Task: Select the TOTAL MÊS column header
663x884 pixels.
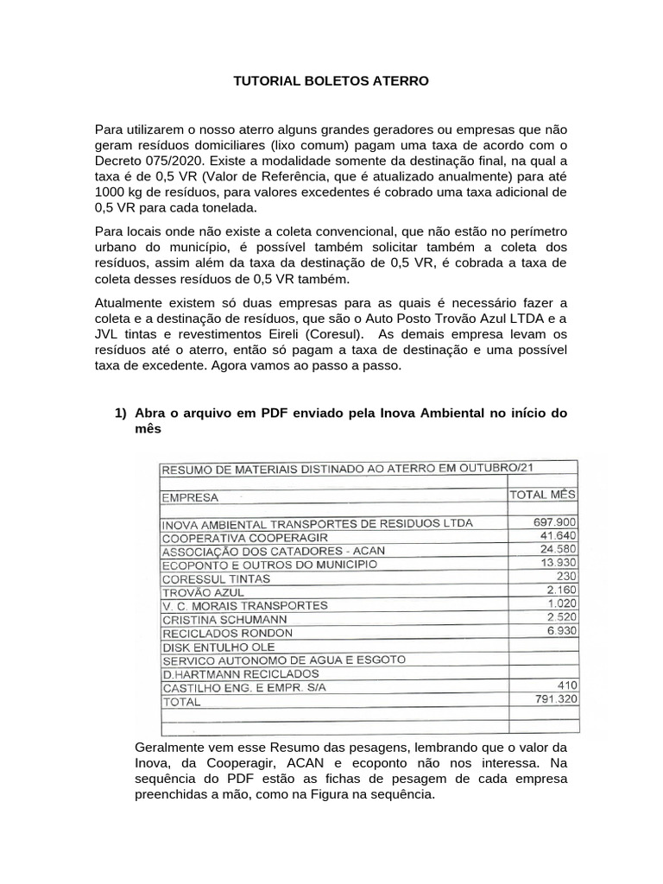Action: pyautogui.click(x=543, y=495)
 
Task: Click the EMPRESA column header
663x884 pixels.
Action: pyautogui.click(x=190, y=497)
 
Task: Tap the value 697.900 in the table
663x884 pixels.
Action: pyautogui.click(x=555, y=522)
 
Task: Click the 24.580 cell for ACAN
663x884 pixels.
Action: pyautogui.click(x=559, y=549)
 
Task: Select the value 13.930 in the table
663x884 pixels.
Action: pyautogui.click(x=559, y=563)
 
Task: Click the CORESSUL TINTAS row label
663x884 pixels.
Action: pyautogui.click(x=216, y=578)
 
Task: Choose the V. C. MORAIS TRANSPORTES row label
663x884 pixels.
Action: pyautogui.click(x=244, y=606)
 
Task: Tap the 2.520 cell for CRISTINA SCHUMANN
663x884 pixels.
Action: pyautogui.click(x=560, y=617)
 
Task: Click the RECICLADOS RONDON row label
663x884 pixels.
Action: pyautogui.click(x=227, y=633)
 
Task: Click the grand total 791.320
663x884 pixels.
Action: pyautogui.click(x=555, y=700)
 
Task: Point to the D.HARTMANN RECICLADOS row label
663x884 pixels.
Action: pyautogui.click(x=240, y=673)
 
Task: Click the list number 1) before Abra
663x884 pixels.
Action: pyautogui.click(x=121, y=413)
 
